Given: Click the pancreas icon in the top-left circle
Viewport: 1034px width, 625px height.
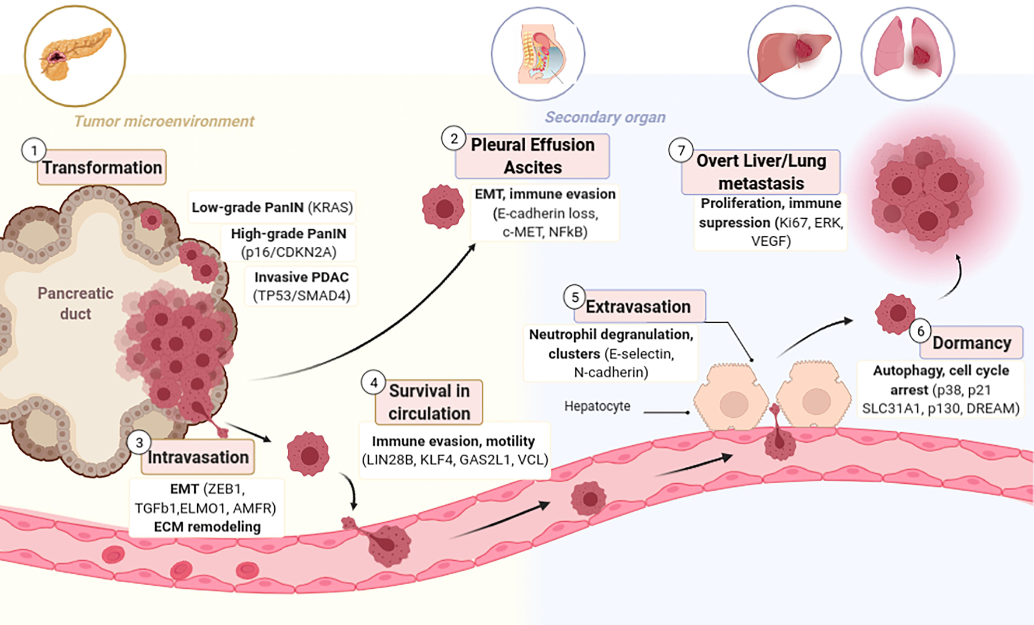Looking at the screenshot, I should pyautogui.click(x=75, y=55).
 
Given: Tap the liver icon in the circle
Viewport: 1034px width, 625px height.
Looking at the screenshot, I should pyautogui.click(x=794, y=53).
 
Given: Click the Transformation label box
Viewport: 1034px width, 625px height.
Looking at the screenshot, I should pyautogui.click(x=102, y=167).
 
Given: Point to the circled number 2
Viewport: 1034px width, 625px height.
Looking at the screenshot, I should pyautogui.click(x=453, y=139).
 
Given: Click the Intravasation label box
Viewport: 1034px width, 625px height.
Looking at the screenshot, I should pyautogui.click(x=198, y=457).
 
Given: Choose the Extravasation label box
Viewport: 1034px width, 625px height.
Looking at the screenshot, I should pyautogui.click(x=638, y=306).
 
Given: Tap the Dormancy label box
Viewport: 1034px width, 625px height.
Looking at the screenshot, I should pyautogui.click(x=972, y=343).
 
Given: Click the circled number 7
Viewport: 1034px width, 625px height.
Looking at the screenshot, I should pyautogui.click(x=681, y=151).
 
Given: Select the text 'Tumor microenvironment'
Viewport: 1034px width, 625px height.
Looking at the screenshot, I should pyautogui.click(x=164, y=121).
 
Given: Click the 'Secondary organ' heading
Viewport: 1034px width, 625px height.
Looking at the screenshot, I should pyautogui.click(x=605, y=117).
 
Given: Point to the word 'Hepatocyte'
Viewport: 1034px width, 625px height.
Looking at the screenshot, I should pyautogui.click(x=597, y=406).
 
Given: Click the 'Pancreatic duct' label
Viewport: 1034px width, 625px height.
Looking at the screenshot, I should pyautogui.click(x=76, y=303).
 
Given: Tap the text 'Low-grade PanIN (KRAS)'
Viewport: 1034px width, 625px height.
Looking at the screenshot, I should pyautogui.click(x=272, y=207).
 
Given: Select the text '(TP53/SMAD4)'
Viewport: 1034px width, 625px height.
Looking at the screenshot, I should pyautogui.click(x=302, y=295).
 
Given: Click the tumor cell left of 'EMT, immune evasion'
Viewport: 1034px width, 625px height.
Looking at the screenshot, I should pyautogui.click(x=443, y=207).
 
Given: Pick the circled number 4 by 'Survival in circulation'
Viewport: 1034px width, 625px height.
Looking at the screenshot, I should pyautogui.click(x=373, y=383).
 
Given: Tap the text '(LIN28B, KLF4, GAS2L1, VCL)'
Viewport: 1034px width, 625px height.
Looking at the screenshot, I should pyautogui.click(x=455, y=460).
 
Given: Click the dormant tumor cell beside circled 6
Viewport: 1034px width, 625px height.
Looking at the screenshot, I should pyautogui.click(x=895, y=313).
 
